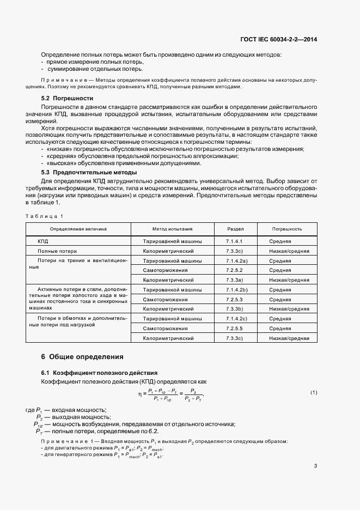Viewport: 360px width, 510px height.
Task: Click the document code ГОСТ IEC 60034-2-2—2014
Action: (x=278, y=39)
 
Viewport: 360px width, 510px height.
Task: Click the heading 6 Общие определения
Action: (x=82, y=357)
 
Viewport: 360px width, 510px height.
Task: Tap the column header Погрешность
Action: (x=287, y=229)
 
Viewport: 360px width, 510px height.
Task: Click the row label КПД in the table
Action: (x=43, y=241)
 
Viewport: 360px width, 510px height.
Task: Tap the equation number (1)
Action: (x=314, y=392)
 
